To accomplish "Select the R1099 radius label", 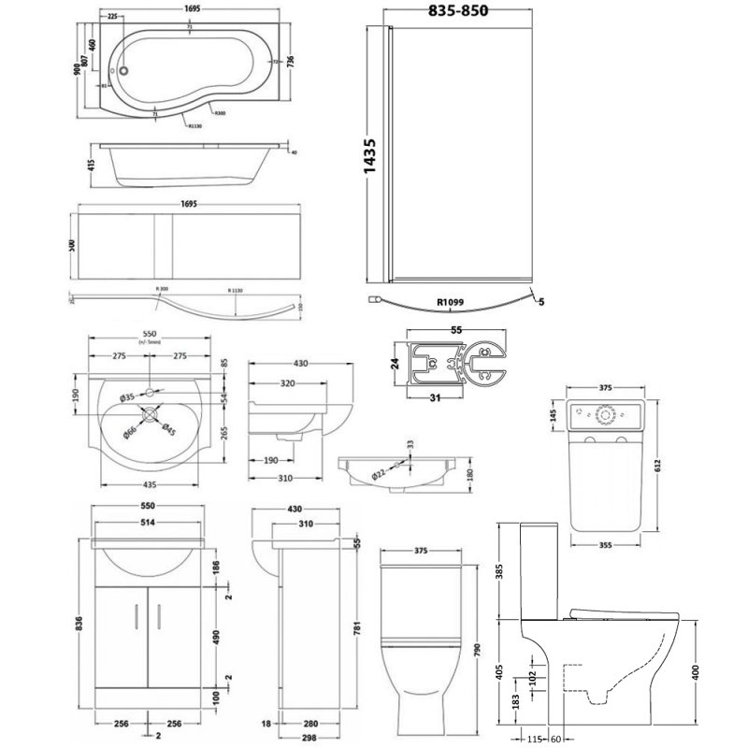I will [451, 303].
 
